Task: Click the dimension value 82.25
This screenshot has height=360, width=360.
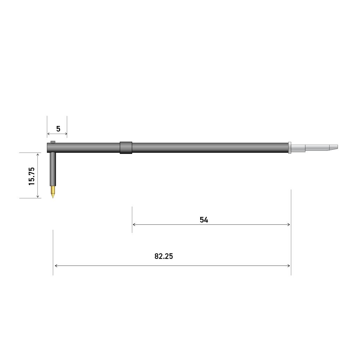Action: tap(164, 256)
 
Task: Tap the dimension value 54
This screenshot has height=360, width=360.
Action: tap(204, 220)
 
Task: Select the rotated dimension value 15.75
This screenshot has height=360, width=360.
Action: tap(31, 176)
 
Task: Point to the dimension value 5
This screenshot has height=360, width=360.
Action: tap(58, 129)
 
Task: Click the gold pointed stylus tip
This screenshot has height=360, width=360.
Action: tap(53, 192)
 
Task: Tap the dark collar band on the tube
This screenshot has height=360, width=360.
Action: tap(126, 148)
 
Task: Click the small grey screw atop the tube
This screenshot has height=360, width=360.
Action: tap(53, 142)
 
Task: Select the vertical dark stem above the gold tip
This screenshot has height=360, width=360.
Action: tap(53, 169)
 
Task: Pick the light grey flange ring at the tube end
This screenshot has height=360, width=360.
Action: tap(290, 148)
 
